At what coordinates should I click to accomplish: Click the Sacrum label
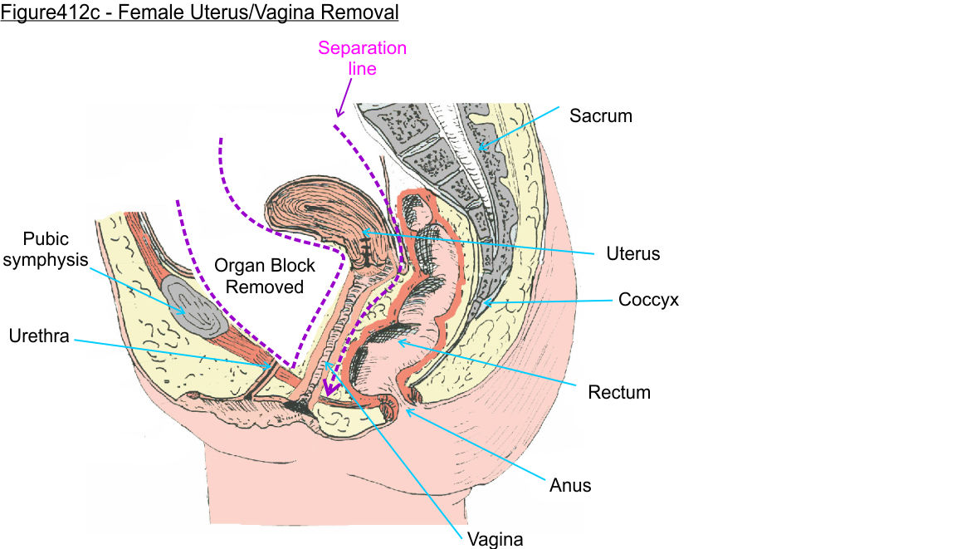[600, 116]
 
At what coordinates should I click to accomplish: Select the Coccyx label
[648, 300]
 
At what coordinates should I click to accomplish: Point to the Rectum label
[618, 392]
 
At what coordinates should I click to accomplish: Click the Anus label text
[570, 485]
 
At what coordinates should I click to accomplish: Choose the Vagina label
[495, 539]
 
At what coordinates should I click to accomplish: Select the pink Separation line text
[362, 58]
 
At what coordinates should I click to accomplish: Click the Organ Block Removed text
[265, 276]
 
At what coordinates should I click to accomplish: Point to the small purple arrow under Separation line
[341, 104]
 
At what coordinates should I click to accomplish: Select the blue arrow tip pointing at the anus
[407, 409]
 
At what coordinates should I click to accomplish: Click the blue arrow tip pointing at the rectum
[398, 341]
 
